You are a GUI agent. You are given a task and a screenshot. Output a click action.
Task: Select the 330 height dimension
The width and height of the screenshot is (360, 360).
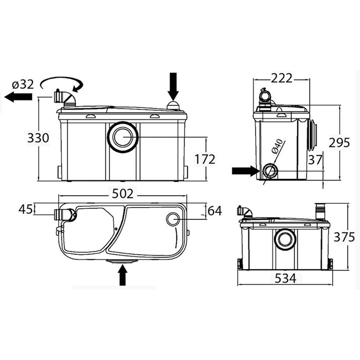pyautogui.click(x=38, y=138)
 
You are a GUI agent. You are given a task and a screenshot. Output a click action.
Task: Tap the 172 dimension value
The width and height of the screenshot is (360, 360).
pyautogui.click(x=205, y=159)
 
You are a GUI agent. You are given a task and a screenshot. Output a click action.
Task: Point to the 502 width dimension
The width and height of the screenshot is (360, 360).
pyautogui.click(x=123, y=194)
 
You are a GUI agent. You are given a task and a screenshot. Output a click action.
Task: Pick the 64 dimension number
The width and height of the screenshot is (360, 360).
pyautogui.click(x=214, y=210)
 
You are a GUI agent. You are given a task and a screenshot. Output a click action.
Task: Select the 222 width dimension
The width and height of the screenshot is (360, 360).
pyautogui.click(x=281, y=78)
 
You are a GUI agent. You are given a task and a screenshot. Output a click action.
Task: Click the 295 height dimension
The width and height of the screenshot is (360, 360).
pyautogui.click(x=339, y=143)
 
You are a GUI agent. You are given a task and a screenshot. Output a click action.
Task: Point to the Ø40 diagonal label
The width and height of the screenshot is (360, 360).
pyautogui.click(x=276, y=146)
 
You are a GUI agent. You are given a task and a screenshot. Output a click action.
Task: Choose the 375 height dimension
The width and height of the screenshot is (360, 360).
pyautogui.click(x=343, y=237)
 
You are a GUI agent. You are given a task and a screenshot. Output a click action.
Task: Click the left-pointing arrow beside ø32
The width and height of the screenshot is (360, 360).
pyautogui.click(x=18, y=97)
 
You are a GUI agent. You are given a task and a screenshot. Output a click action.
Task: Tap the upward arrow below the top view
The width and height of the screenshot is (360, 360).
pyautogui.click(x=123, y=274)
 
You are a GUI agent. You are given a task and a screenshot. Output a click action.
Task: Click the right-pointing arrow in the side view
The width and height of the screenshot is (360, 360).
pyautogui.click(x=245, y=171)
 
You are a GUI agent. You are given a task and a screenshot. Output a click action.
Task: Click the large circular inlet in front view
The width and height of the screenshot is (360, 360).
pyautogui.click(x=123, y=137)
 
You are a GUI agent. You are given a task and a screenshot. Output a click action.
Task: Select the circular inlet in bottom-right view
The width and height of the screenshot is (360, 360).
pyautogui.click(x=285, y=240)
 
